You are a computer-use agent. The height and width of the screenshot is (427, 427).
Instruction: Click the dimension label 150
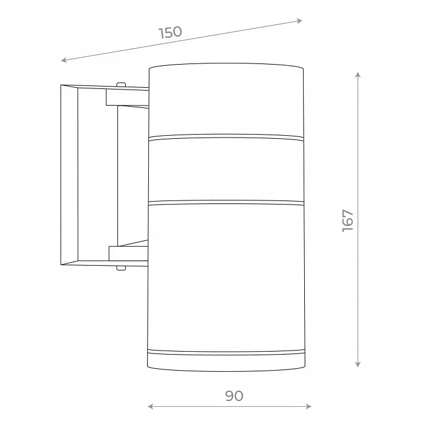(170, 32)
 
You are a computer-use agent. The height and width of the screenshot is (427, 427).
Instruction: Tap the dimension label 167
(348, 221)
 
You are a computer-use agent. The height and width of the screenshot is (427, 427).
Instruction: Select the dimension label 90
(234, 396)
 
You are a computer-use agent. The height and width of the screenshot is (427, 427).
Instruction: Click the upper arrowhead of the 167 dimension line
(358, 75)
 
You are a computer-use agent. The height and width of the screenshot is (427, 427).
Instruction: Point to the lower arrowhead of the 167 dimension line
(358, 364)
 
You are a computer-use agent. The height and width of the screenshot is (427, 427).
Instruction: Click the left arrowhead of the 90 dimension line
(151, 407)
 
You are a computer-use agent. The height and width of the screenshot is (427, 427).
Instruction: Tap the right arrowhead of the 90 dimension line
(308, 407)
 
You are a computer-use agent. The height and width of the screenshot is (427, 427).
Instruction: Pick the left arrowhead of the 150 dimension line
(64, 60)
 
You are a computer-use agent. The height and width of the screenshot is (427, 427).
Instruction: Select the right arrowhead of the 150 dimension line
(299, 21)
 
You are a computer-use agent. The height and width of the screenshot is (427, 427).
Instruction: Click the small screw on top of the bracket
(121, 85)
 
